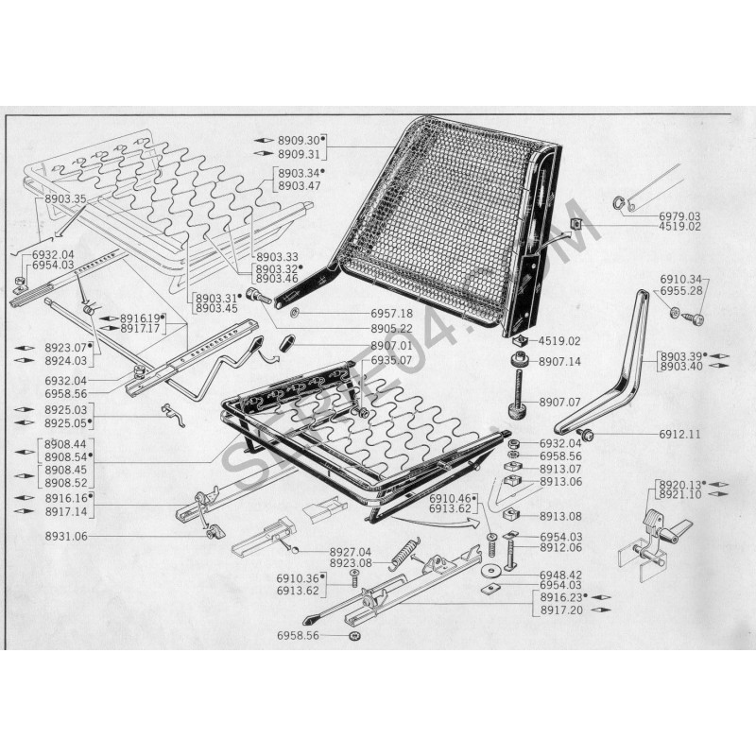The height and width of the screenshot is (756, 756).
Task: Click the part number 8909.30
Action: click(x=299, y=140)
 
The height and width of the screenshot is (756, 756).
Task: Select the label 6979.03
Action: click(x=679, y=216)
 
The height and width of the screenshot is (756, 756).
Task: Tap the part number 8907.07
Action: click(x=559, y=402)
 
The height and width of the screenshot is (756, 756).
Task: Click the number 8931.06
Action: click(x=65, y=536)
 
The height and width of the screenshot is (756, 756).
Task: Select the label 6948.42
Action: click(x=559, y=575)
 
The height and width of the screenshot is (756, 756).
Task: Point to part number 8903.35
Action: click(x=65, y=199)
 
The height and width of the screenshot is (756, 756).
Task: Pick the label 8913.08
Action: click(x=559, y=517)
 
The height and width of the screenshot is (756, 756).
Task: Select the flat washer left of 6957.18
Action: click(x=297, y=313)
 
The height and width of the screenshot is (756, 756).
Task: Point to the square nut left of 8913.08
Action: click(x=516, y=516)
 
